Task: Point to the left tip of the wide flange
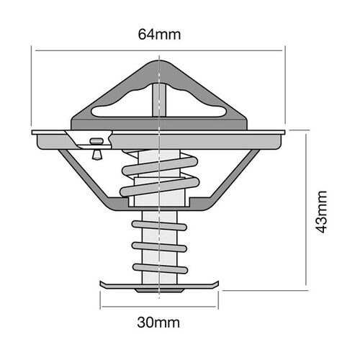(33, 134)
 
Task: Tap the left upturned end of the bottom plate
(100, 284)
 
